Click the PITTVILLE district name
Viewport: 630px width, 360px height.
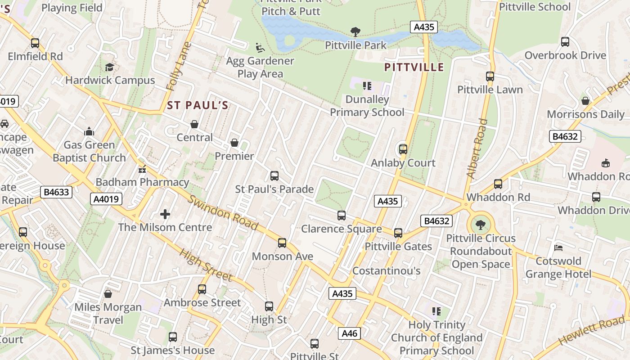coord(414,67)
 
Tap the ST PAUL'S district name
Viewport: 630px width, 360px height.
coord(198,106)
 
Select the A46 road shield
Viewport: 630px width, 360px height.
coord(349,333)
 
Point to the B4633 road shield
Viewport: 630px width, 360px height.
coord(57,193)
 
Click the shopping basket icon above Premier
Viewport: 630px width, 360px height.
coord(234,143)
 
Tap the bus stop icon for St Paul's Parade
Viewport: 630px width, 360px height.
coord(274,176)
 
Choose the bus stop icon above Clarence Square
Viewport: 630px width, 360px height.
coord(342,216)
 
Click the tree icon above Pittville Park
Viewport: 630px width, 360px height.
coord(355,32)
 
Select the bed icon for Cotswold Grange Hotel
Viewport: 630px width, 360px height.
coord(558,248)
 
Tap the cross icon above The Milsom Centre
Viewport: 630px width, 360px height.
coord(165,214)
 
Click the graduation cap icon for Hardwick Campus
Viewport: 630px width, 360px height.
coord(109,67)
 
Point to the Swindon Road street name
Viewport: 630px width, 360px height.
coord(223,213)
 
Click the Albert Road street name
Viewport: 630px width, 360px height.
coord(477,148)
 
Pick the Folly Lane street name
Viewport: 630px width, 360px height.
coord(179,67)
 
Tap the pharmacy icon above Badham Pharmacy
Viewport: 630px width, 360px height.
coord(142,170)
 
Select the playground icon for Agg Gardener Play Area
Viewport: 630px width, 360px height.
coord(260,47)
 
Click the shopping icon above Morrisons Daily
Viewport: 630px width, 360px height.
coord(585,101)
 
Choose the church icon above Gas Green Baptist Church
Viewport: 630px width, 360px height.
coord(89,131)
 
